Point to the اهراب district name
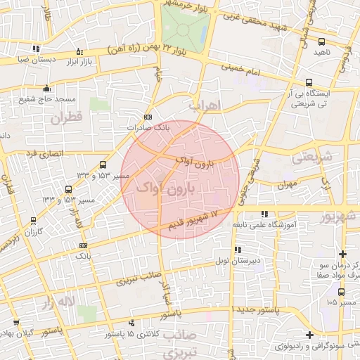click(205, 105)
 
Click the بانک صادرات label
click(148, 128)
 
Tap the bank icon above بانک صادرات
click(148, 117)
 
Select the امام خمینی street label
click(242, 69)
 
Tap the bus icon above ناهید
click(322, 41)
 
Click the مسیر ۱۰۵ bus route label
click(341, 302)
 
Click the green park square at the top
click(185, 30)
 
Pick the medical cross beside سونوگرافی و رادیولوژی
click(309, 335)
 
